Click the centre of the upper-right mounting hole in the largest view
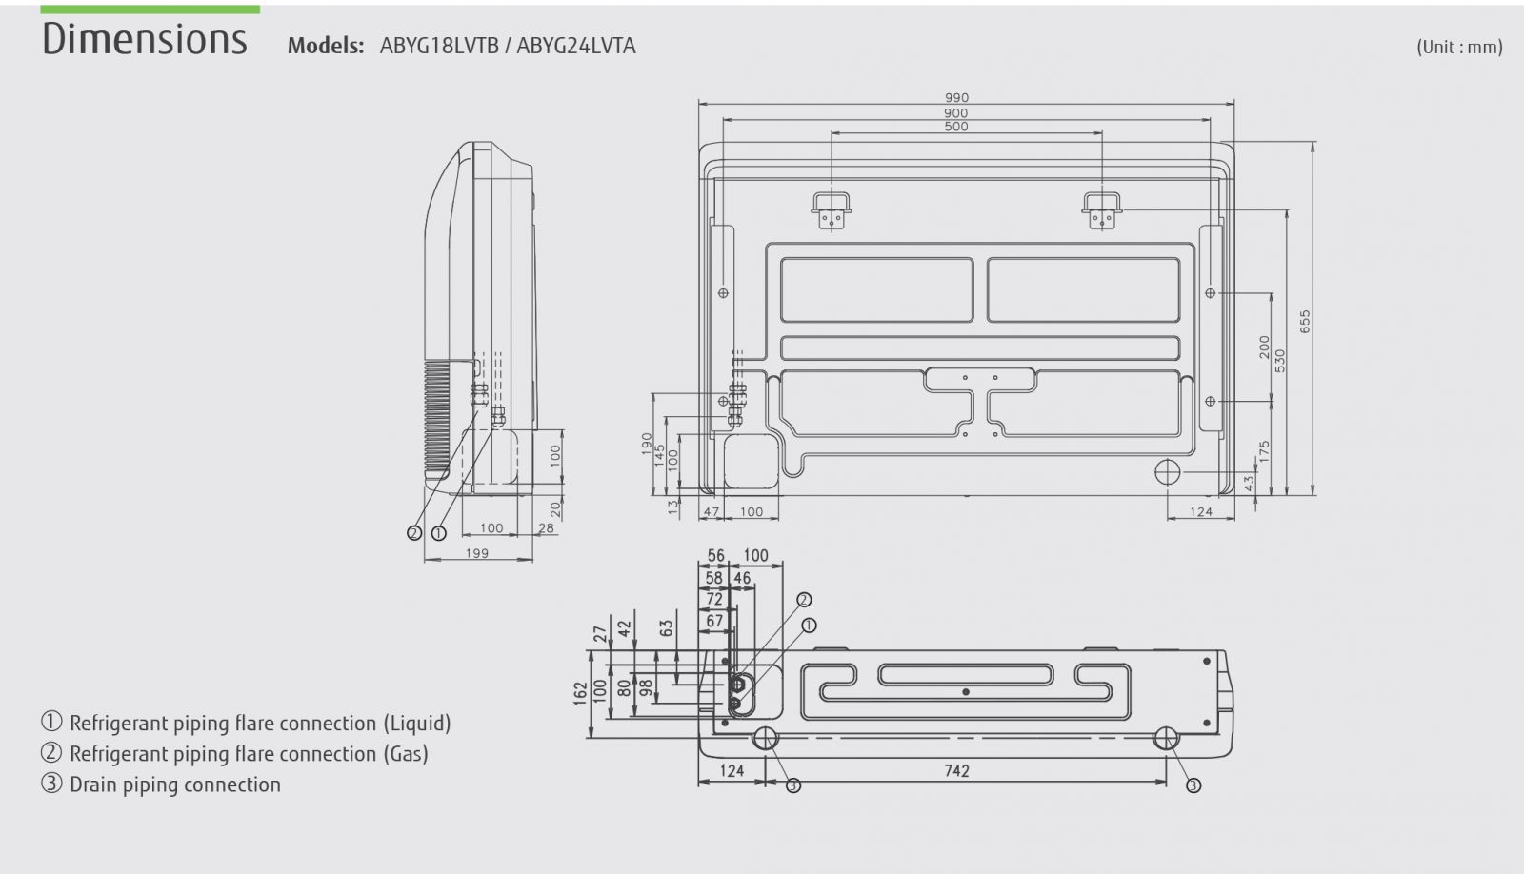(1210, 293)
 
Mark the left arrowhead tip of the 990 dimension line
(699, 104)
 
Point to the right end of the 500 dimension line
(1101, 133)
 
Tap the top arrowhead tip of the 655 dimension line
(1313, 142)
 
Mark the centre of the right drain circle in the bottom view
(1166, 738)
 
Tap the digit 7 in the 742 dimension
(948, 770)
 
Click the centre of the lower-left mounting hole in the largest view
(723, 401)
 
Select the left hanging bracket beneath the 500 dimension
(832, 210)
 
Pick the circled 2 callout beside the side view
(413, 533)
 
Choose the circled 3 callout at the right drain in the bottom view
(1193, 785)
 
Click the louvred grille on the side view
(437, 416)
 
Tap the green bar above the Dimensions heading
(150, 10)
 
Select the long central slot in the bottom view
(966, 675)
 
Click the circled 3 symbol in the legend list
(51, 784)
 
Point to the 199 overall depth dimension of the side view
(477, 554)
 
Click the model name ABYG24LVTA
(575, 46)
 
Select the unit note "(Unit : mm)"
(1459, 47)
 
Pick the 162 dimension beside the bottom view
(580, 693)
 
